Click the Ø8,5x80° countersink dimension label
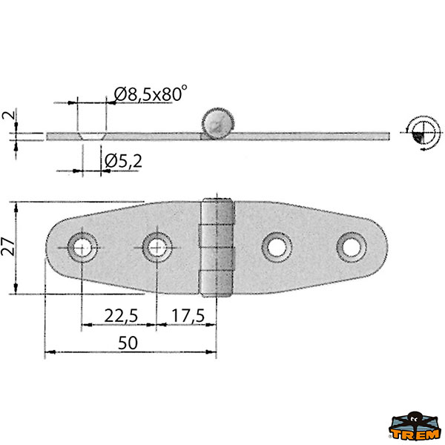(151, 93)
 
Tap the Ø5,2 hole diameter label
(123, 162)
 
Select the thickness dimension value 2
(8, 115)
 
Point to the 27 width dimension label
(8, 246)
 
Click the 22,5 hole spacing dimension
(121, 316)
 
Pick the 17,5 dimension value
(188, 316)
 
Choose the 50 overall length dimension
(128, 343)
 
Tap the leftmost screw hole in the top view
(82, 248)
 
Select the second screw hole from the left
(157, 248)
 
